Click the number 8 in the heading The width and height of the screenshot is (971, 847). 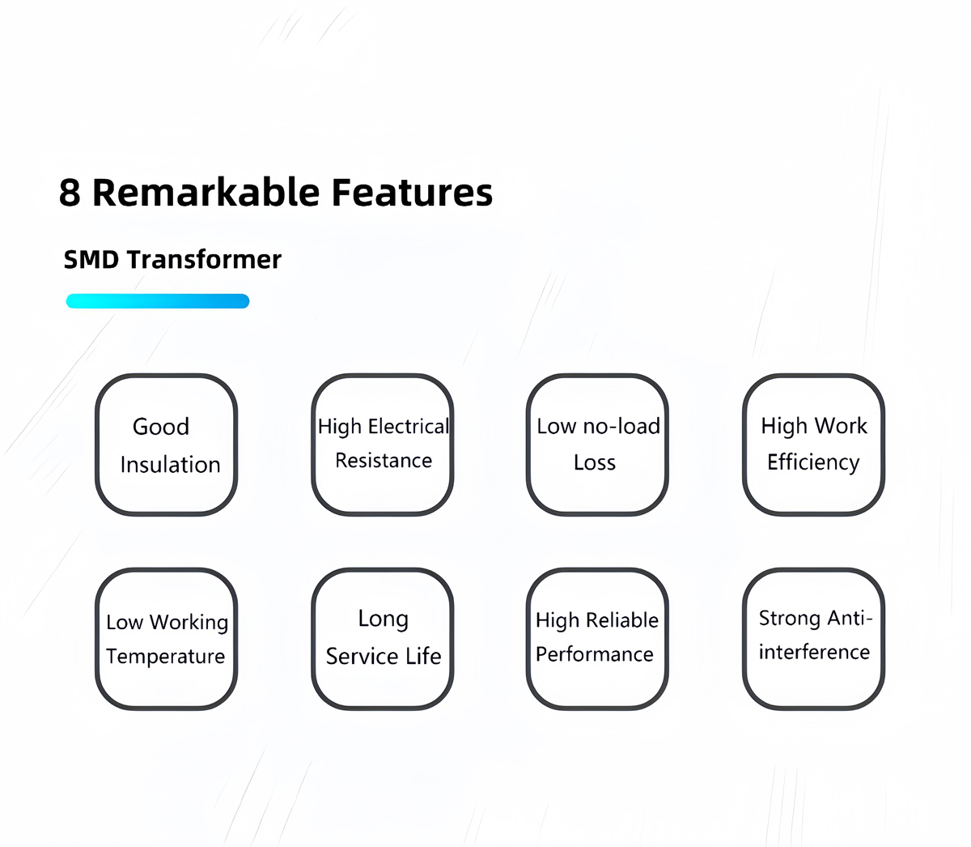[x=70, y=193]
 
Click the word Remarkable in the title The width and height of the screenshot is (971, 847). [x=206, y=193]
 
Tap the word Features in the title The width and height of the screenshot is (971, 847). [x=412, y=193]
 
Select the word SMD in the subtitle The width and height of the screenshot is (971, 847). [x=91, y=260]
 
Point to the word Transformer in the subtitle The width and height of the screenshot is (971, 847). [x=204, y=260]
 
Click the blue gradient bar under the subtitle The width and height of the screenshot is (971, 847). [x=157, y=301]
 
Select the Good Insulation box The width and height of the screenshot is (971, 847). [x=166, y=445]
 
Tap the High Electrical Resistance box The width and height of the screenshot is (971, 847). [x=383, y=445]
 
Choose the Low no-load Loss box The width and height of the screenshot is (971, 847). [x=597, y=445]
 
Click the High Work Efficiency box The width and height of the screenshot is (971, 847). [x=813, y=445]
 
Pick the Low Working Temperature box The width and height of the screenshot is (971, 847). [x=166, y=639]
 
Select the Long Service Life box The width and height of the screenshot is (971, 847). [x=383, y=639]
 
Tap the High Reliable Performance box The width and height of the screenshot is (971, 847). [x=597, y=639]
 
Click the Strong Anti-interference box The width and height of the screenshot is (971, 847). [x=813, y=639]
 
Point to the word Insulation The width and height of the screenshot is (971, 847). [x=170, y=465]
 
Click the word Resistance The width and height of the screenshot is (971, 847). [x=384, y=461]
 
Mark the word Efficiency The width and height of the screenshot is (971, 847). [x=813, y=462]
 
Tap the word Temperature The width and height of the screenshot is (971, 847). [x=166, y=657]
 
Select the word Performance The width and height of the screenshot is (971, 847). [x=595, y=654]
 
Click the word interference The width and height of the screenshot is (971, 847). [x=814, y=653]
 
